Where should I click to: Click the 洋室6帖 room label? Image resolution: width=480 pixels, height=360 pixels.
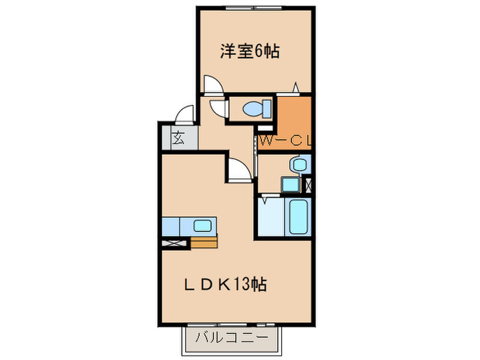250,52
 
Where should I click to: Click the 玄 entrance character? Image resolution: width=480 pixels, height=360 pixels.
178,137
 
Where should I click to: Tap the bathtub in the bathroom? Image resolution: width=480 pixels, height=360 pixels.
300,217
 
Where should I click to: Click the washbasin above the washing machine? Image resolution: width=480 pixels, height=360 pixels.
299,165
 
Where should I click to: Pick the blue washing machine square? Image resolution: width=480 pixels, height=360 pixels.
290,184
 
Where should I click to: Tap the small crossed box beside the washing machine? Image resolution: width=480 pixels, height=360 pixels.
307,184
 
